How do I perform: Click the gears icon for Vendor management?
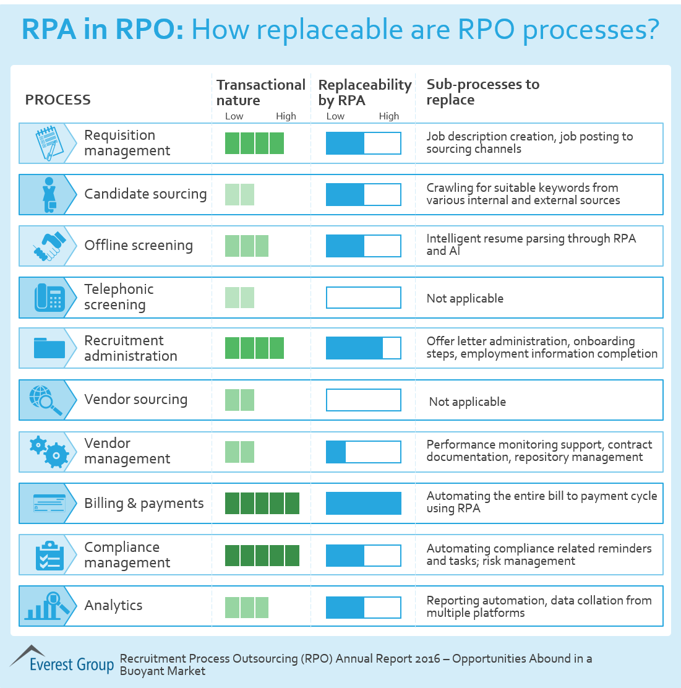[49, 451]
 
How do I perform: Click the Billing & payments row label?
[143, 504]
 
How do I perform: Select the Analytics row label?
[113, 606]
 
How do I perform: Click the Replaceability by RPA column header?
[364, 92]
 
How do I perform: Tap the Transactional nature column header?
[260, 92]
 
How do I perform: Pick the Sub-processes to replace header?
[482, 92]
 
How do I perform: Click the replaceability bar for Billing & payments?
[364, 504]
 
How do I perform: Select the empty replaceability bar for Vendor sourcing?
[364, 400]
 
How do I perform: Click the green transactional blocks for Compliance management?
[262, 555]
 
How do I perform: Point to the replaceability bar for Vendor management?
[364, 452]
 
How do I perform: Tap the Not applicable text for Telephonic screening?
[465, 299]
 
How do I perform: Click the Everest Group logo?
[62, 660]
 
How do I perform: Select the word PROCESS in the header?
[58, 100]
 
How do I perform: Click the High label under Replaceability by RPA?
[388, 116]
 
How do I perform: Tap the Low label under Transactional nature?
[234, 116]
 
